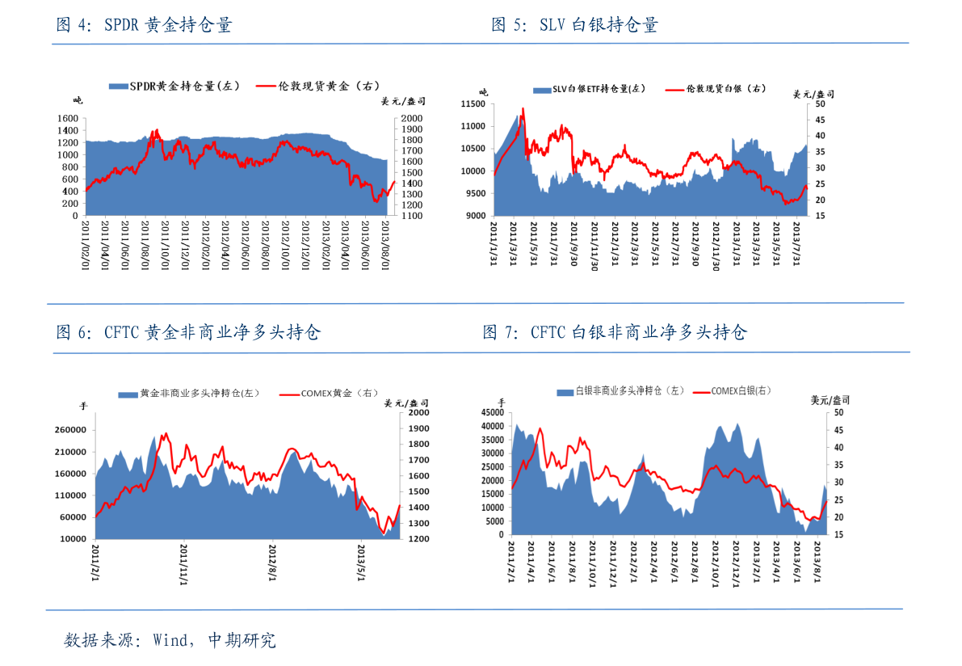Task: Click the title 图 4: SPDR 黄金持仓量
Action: coord(144,25)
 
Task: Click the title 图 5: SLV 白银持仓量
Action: coord(574,25)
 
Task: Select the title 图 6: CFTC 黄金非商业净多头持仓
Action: coord(188,332)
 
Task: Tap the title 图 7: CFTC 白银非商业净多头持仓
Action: coord(615,332)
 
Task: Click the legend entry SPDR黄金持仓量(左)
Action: coord(174,86)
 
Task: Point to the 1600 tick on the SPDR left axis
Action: coord(68,119)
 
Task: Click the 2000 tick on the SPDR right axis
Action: coord(412,119)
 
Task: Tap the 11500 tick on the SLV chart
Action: coord(471,104)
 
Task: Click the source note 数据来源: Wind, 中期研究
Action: coord(170,641)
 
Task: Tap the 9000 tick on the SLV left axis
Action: coord(474,216)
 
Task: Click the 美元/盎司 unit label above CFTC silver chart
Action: coord(830,400)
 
